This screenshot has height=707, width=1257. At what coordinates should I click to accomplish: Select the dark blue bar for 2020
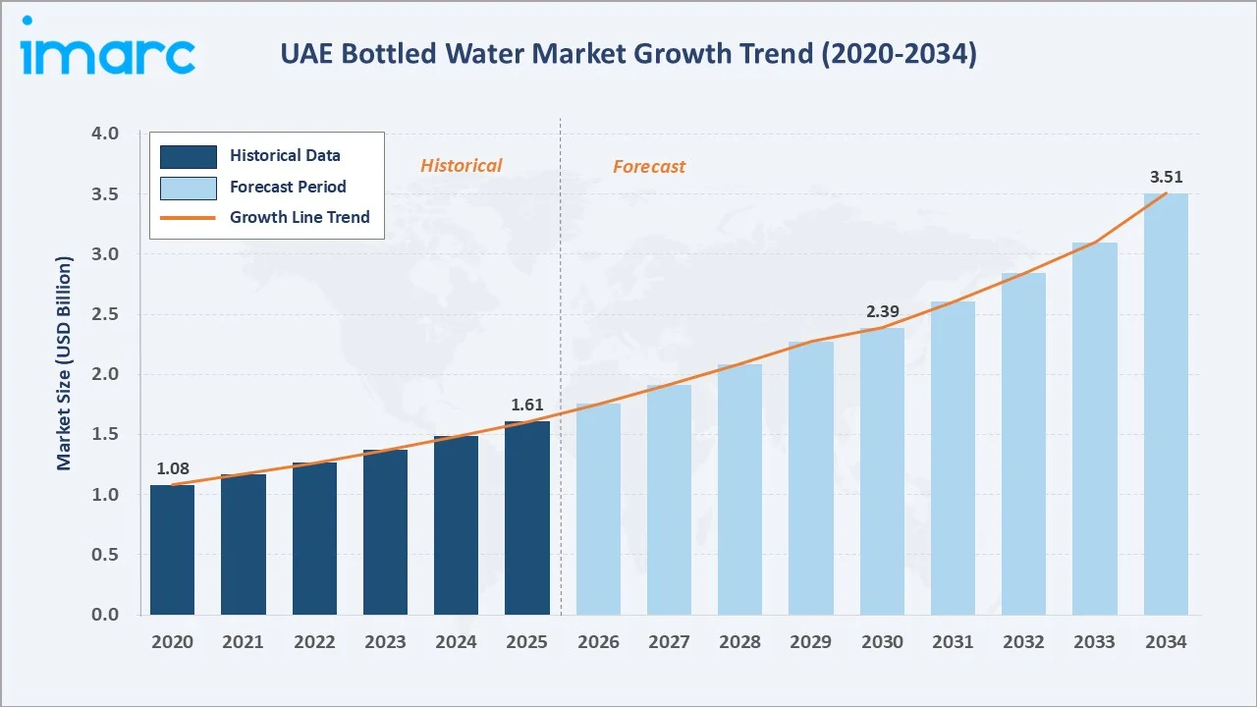coord(172,550)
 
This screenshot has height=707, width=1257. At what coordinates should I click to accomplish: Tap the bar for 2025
coord(527,518)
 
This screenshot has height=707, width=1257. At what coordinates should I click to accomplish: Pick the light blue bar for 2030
coord(882,471)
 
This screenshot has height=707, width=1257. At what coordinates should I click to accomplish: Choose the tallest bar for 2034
coord(1166,405)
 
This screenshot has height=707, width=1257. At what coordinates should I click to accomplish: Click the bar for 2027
coord(669,500)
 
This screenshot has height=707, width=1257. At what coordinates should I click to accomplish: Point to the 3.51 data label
coord(1166,178)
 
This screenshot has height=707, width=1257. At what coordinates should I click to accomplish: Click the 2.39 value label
coord(882,312)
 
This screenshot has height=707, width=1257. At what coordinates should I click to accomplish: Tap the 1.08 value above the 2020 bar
coord(172,468)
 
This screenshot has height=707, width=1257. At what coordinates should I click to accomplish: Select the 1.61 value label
coord(527,405)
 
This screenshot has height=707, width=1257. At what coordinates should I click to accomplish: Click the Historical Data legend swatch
coord(188,155)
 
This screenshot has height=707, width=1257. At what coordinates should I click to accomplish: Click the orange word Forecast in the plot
coord(649,167)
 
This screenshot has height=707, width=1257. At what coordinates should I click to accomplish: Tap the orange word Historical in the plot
coord(461,166)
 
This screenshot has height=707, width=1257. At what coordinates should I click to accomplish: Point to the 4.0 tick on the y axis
coord(104,134)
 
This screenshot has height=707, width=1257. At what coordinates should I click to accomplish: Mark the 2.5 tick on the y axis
coord(104,314)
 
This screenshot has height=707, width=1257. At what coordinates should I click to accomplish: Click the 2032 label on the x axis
coord(1023,642)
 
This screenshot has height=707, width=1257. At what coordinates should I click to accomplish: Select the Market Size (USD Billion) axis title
coord(65,363)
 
